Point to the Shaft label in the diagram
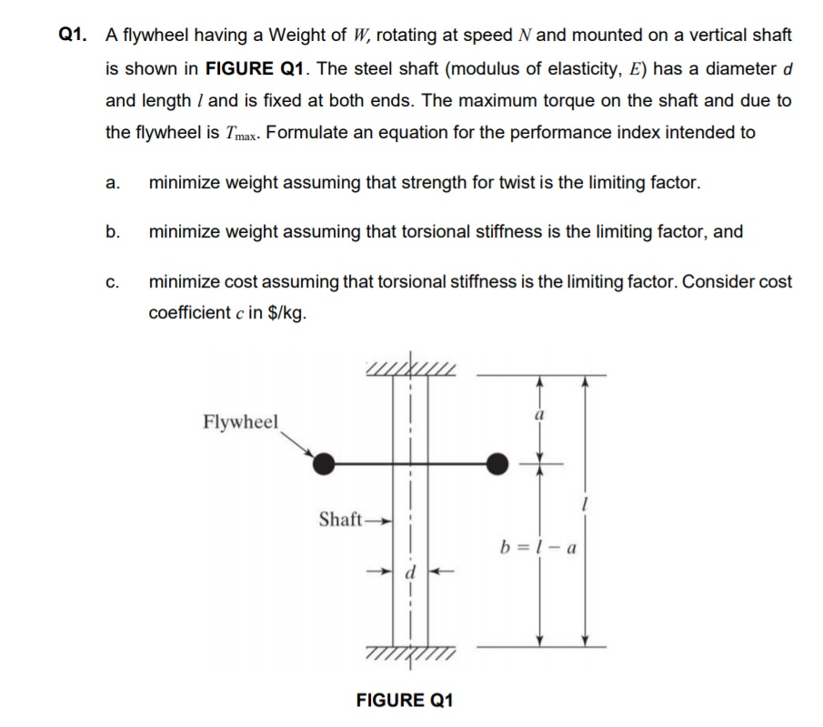(341, 520)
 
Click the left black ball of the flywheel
(324, 463)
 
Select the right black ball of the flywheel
(496, 463)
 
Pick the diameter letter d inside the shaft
(409, 573)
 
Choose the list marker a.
(112, 183)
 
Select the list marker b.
(112, 231)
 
